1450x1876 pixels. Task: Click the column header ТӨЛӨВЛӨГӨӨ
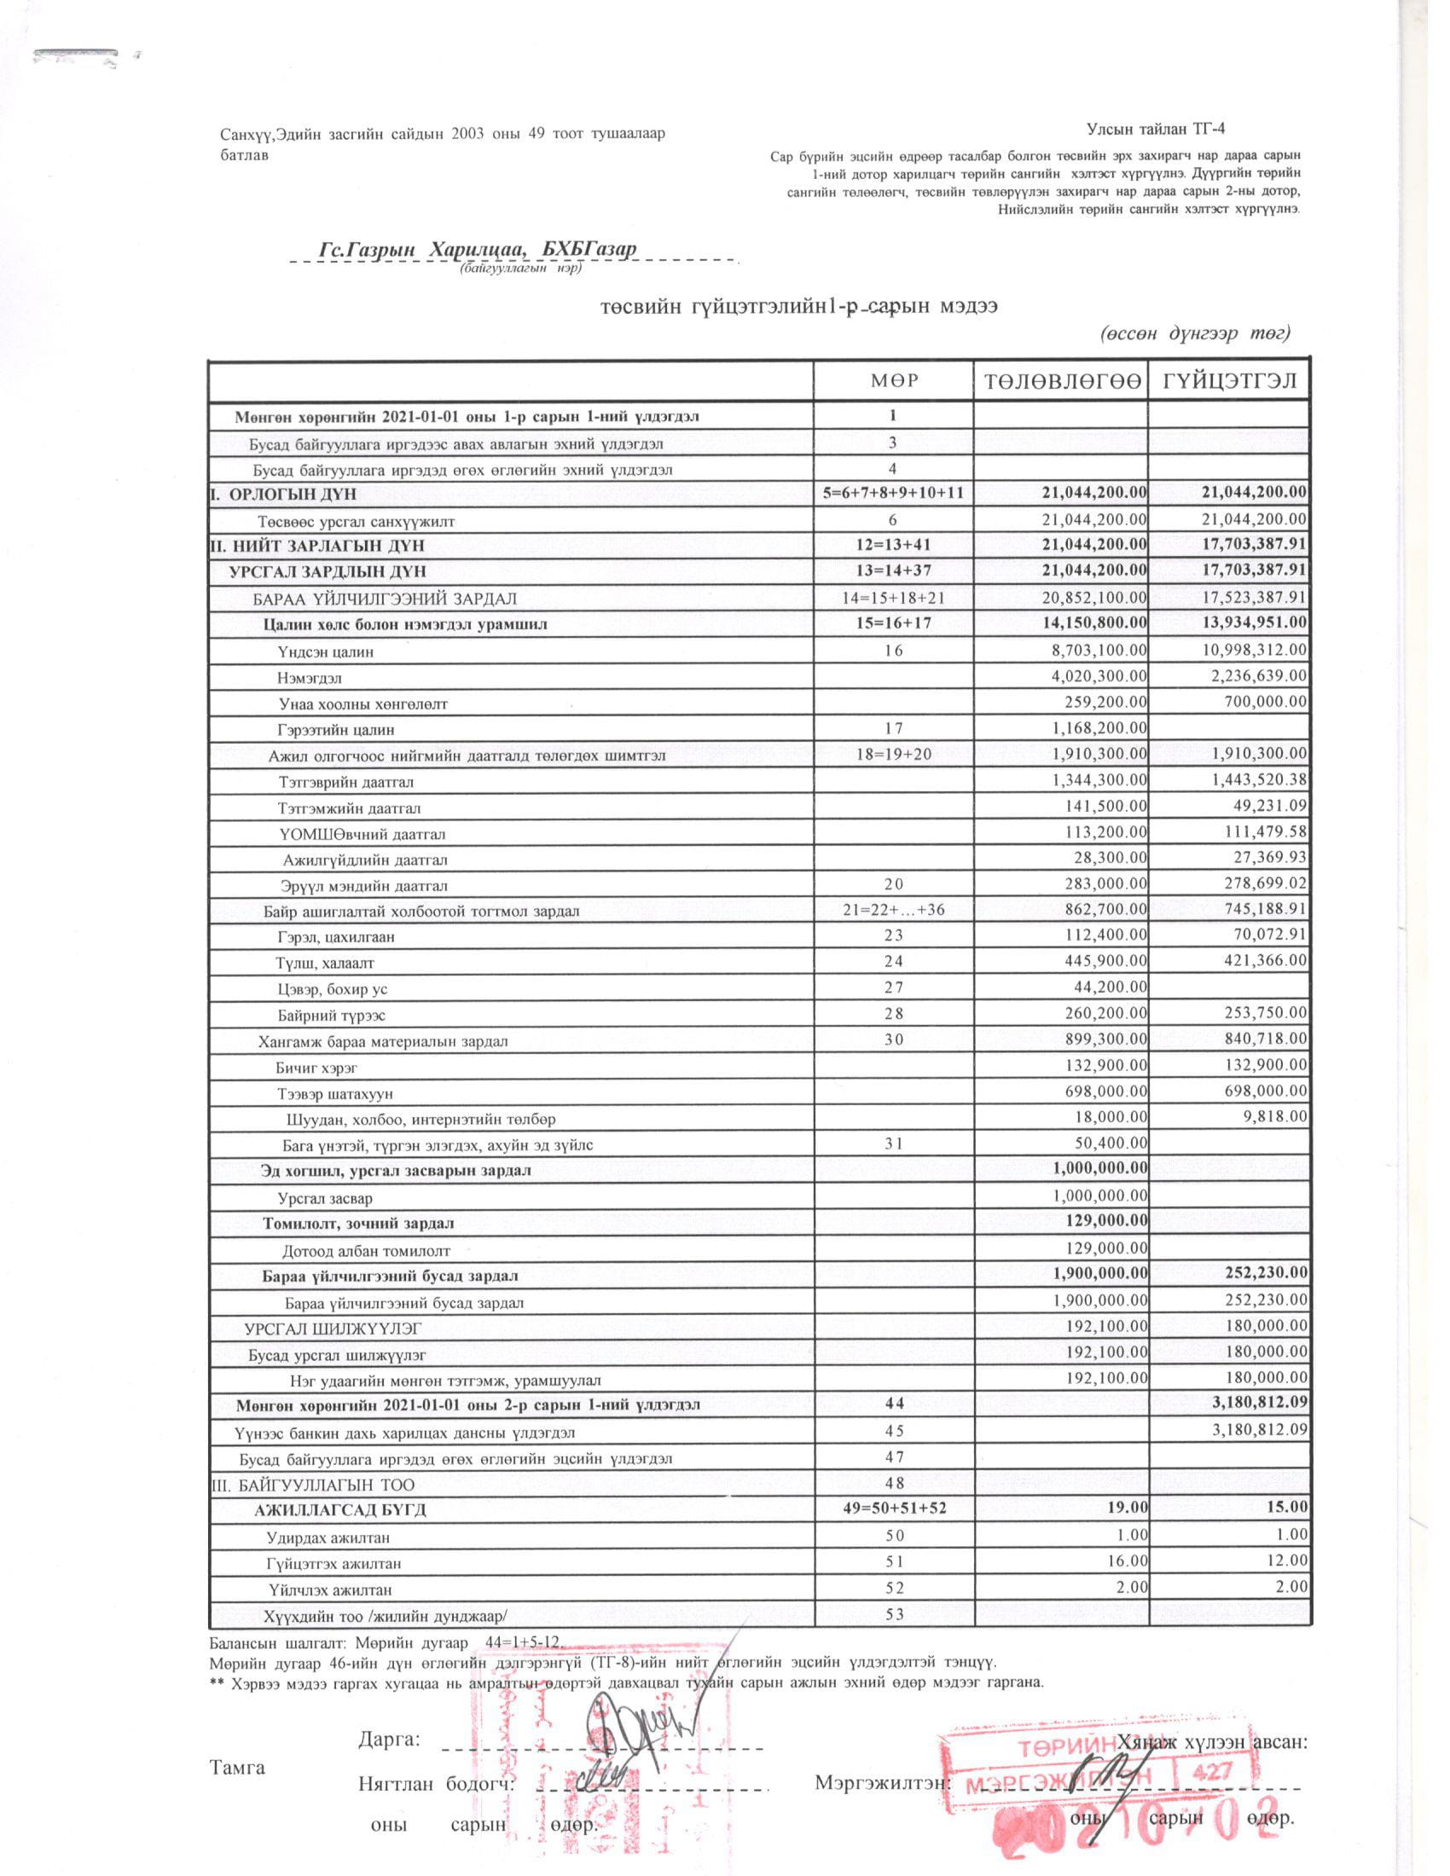1060,379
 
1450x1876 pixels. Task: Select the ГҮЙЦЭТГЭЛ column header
1229,379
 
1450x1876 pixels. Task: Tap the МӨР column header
893,379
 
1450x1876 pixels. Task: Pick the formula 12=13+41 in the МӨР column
893,546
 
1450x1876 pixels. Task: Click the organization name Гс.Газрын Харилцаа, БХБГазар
478,249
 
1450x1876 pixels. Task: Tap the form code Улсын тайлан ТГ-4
1156,130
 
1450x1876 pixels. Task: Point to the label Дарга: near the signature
389,1740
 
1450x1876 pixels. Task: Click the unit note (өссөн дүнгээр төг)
1195,333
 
